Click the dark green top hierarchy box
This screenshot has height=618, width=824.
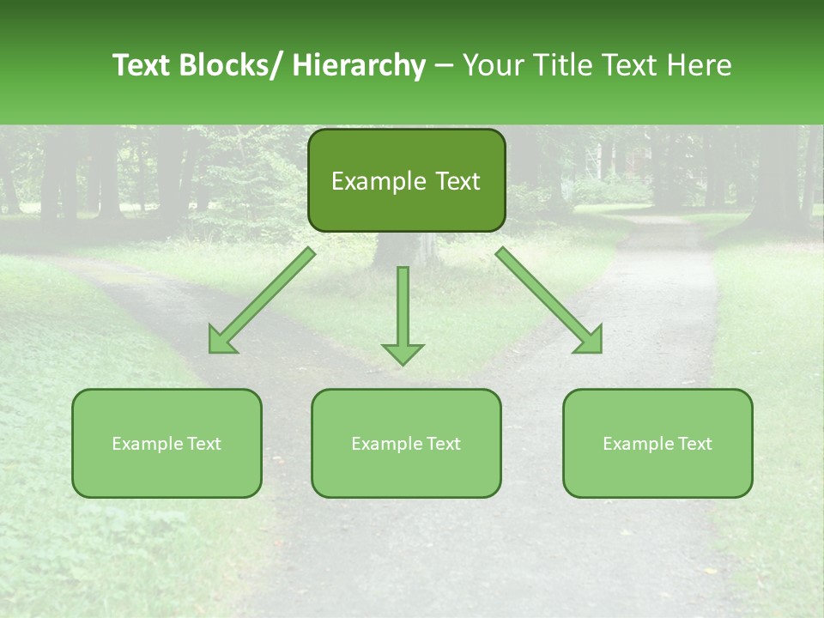(x=406, y=180)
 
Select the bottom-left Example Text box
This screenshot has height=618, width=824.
(x=167, y=443)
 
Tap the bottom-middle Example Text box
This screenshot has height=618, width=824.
(x=406, y=443)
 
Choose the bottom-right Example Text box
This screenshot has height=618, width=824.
(x=657, y=443)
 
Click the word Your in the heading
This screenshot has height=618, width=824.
(x=490, y=65)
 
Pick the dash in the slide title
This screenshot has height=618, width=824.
(x=443, y=65)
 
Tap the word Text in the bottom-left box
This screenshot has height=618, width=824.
(x=204, y=444)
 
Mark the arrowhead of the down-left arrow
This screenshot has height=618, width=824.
(x=221, y=342)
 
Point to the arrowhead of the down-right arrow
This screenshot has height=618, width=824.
(x=591, y=342)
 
